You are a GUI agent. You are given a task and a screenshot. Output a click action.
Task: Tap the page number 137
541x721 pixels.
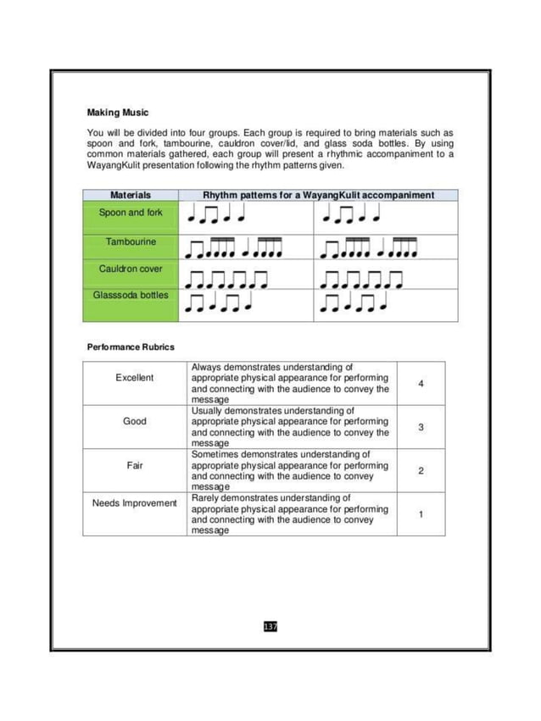point(270,626)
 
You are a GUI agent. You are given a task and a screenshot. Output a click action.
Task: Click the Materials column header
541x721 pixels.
point(131,195)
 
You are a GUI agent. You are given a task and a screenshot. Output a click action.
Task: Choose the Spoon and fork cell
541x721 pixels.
point(131,213)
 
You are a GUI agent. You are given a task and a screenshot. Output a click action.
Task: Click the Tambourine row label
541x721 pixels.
point(131,241)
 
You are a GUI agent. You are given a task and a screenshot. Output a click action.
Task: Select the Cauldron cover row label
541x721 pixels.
point(131,269)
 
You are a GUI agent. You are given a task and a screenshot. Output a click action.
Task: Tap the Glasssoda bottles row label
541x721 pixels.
point(131,295)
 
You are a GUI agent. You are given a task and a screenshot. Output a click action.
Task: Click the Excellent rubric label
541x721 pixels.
point(135,378)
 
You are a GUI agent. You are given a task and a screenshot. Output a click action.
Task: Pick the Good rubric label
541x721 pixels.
point(135,421)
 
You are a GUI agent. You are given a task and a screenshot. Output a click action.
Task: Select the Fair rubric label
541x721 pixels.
point(135,464)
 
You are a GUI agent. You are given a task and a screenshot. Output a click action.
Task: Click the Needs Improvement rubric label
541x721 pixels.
point(135,503)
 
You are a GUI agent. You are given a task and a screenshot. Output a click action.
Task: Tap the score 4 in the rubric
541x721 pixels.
point(421,384)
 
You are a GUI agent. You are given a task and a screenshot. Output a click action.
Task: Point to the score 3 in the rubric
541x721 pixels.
point(421,427)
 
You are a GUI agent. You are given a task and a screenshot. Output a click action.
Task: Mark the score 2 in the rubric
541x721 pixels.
point(421,470)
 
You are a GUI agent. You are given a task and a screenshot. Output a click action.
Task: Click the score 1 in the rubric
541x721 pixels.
point(421,513)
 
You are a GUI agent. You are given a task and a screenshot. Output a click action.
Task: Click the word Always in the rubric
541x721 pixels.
point(208,367)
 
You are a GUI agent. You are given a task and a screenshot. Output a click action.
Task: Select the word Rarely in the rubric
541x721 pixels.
point(207,497)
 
